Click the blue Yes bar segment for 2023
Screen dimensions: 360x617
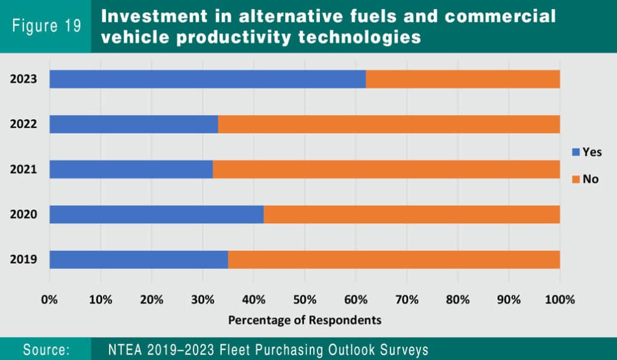[207, 79]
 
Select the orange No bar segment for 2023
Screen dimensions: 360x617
[463, 79]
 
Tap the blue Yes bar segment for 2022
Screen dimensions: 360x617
[133, 124]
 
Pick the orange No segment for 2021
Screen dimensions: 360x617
[386, 169]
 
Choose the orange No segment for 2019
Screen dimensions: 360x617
[394, 260]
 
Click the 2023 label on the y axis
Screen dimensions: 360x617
[23, 79]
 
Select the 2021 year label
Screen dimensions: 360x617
[23, 169]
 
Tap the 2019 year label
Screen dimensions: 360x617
[23, 260]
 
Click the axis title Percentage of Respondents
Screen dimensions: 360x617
[304, 320]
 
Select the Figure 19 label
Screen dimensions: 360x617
[46, 27]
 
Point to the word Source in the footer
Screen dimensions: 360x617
[46, 350]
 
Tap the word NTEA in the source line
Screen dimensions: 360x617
[125, 350]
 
